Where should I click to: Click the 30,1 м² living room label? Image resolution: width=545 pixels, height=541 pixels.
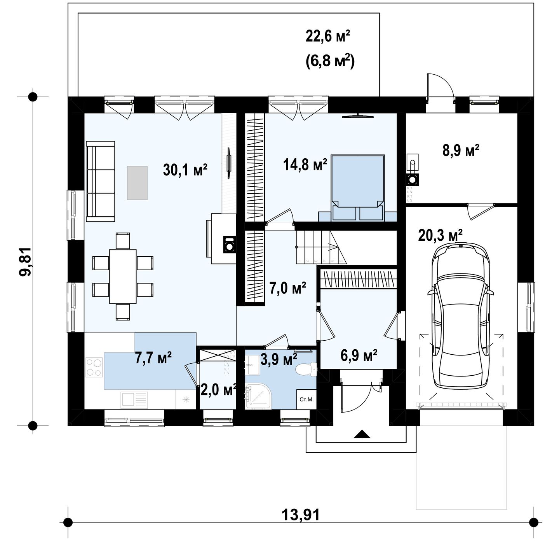185,170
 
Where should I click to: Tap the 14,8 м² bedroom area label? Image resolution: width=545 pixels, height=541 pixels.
305,165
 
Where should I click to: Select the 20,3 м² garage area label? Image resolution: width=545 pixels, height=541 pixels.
440,235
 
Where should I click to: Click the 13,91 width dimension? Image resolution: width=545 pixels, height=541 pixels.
301,515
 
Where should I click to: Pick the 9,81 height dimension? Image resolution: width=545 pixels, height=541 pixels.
26,261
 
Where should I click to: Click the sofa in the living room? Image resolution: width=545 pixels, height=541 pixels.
100,181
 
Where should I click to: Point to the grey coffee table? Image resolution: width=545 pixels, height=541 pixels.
137,183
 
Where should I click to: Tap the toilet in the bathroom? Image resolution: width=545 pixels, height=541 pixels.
306,369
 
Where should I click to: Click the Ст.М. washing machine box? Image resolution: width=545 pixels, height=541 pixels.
306,399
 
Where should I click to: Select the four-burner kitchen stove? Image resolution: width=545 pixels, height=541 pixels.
94,368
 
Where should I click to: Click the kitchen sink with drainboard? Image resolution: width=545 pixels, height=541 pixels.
134,400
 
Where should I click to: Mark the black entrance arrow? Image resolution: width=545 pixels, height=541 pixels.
362,434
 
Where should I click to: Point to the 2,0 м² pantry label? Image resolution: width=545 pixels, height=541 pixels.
218,390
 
